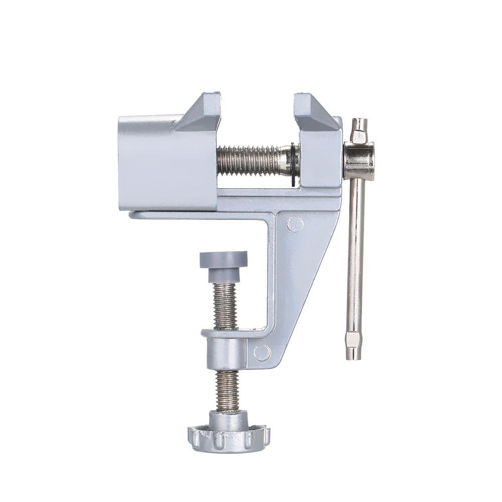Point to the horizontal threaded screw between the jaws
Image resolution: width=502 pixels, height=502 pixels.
[x=251, y=161]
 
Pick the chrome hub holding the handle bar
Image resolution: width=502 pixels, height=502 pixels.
[x=359, y=161]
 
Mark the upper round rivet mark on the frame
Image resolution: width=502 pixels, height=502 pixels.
[x=295, y=223]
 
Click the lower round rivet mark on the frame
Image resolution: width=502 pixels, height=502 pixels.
[x=262, y=353]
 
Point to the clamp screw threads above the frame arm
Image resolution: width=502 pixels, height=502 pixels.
[x=224, y=306]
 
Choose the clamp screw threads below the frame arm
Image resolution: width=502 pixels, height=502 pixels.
[x=227, y=391]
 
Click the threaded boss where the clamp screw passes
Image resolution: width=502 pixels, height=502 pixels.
[x=226, y=351]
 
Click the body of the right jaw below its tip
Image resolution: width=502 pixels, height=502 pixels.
[x=319, y=156]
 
